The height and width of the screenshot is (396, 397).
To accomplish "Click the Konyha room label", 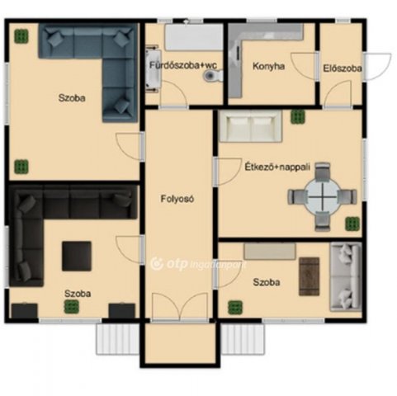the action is click(268, 66).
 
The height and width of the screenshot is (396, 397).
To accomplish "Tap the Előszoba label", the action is click(343, 68).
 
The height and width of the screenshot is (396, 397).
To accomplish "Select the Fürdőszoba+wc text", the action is click(183, 65).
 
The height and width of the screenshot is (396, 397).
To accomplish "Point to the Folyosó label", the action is click(177, 199).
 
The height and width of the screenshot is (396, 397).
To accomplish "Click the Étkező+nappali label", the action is click(277, 167).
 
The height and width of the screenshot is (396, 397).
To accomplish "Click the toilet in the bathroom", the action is click(213, 75).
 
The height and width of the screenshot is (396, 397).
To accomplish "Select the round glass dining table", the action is click(324, 196).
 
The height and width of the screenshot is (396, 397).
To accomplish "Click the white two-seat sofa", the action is click(251, 126).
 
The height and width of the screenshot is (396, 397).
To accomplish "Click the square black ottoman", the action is click(77, 256).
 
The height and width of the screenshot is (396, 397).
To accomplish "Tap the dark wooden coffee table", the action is click(310, 276).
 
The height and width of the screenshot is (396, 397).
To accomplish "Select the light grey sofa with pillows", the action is click(346, 276).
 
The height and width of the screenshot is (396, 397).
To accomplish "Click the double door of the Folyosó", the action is click(180, 307).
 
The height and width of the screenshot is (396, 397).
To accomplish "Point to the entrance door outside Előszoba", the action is click(377, 66).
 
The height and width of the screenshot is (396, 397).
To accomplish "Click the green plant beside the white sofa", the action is click(298, 117).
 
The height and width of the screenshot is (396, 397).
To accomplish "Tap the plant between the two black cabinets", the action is click(72, 307).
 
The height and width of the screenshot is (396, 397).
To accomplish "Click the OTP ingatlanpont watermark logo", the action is click(198, 264).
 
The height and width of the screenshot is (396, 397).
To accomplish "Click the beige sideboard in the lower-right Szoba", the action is click(270, 251).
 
